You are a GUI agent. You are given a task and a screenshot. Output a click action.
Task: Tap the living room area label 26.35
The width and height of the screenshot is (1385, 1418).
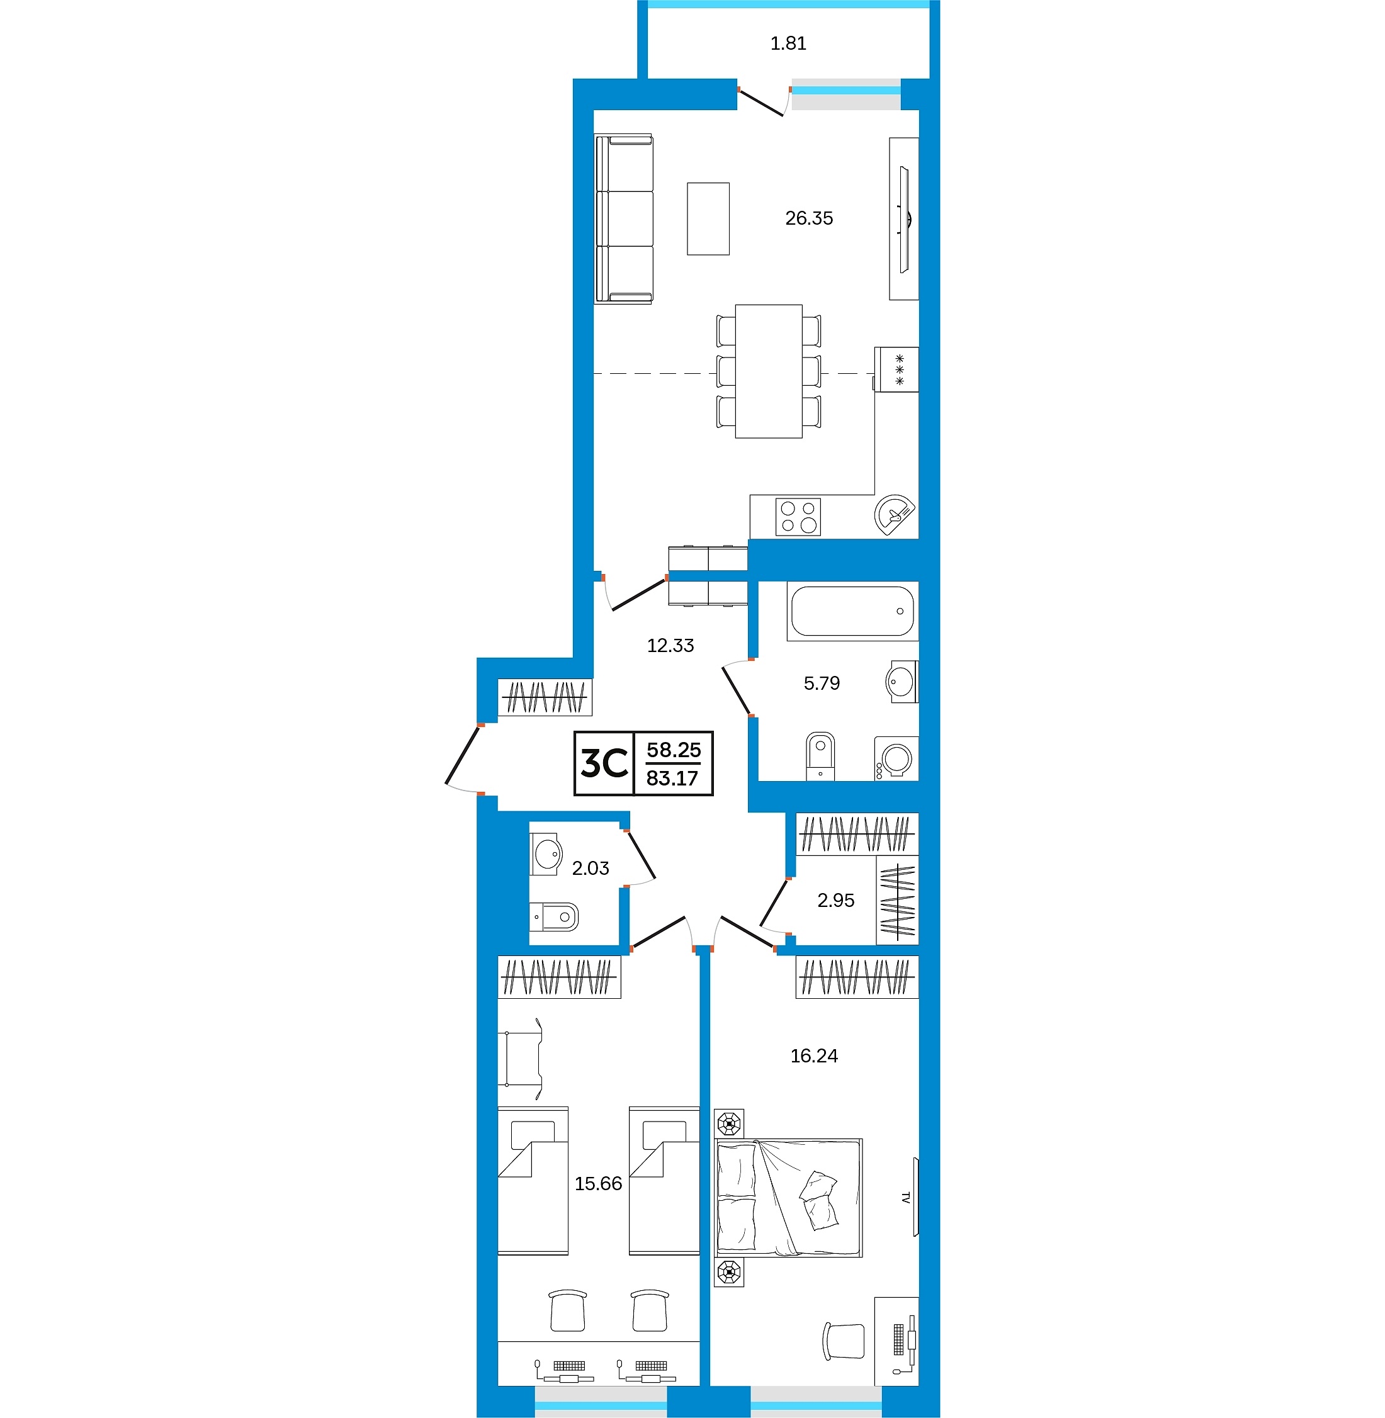809,218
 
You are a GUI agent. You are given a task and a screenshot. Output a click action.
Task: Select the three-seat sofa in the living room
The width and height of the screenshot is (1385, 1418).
624,218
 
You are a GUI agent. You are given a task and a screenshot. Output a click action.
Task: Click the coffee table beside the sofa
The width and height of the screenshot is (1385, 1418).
708,219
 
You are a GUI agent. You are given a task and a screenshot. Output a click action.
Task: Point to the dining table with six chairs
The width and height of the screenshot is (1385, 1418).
769,371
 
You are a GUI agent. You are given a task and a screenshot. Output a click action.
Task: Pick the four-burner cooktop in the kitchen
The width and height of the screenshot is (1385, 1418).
798,516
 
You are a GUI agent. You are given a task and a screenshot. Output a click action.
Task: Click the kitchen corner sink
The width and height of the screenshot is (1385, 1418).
894,515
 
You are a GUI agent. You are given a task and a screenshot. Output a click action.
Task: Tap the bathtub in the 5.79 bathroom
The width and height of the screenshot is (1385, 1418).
852,611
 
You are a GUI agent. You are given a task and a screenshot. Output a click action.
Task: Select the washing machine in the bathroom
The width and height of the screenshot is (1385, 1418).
896,758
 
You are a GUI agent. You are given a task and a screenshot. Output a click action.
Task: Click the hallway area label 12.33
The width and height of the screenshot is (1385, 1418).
670,646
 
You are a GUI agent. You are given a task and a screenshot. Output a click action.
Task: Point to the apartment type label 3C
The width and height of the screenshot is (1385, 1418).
604,763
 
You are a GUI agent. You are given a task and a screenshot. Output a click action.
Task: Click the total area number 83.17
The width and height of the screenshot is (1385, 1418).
672,779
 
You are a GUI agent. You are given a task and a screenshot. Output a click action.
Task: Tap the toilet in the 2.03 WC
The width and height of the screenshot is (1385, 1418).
553,917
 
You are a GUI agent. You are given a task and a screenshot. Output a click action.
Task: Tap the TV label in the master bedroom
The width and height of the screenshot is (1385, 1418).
906,1197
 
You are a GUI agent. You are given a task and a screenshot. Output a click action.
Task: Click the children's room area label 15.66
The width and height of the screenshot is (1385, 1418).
598,1184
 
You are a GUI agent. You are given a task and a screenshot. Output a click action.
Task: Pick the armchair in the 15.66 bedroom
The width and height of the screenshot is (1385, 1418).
521,1059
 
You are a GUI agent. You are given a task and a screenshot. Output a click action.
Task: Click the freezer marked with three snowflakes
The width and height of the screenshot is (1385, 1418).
896,369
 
